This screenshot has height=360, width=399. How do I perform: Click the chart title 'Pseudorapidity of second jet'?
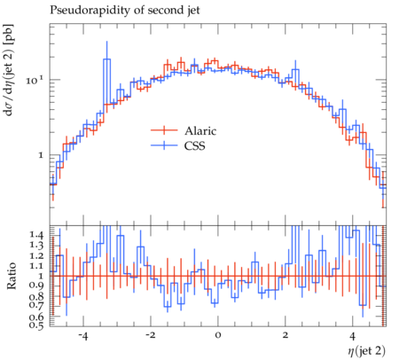(125, 11)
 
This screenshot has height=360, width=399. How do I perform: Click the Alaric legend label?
(200, 131)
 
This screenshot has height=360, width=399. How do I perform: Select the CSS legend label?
(194, 145)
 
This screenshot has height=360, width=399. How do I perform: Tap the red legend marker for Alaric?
(164, 130)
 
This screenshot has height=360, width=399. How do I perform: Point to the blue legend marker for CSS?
(164, 145)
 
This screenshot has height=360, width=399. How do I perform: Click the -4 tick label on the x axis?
(83, 336)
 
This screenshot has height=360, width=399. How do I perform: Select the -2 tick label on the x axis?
(151, 336)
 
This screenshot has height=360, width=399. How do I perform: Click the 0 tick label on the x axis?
(218, 336)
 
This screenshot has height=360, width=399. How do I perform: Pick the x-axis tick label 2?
(286, 336)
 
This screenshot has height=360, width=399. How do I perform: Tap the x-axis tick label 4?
(352, 336)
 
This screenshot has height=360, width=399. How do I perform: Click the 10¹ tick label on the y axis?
(35, 80)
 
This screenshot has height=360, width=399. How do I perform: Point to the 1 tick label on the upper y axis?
(41, 155)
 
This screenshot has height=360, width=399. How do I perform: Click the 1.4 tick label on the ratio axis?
(36, 236)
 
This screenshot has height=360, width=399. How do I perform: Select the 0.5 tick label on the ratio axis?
(36, 325)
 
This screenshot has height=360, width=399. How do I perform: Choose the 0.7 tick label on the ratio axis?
(36, 305)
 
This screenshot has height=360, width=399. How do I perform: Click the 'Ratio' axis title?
(12, 276)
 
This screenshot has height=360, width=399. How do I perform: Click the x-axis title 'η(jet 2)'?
(366, 351)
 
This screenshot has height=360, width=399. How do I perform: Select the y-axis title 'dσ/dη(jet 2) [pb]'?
(11, 69)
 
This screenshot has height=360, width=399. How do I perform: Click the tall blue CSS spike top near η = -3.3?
(106, 42)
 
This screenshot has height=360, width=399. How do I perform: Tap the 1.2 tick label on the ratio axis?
(36, 256)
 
